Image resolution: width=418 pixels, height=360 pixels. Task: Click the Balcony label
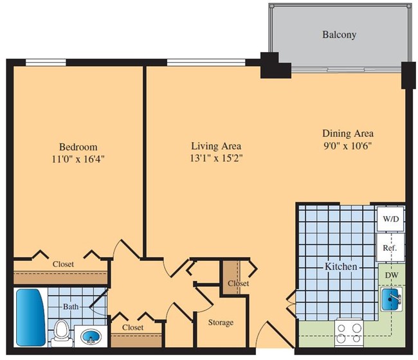pyautogui.click(x=339, y=35)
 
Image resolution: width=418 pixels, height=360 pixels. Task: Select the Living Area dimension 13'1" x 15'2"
pyautogui.click(x=216, y=157)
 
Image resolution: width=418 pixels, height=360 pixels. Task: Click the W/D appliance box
pyautogui.click(x=390, y=219)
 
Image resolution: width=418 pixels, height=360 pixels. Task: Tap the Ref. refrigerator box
pyautogui.click(x=390, y=248)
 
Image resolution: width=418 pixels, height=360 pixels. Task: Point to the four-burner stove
pyautogui.click(x=349, y=333)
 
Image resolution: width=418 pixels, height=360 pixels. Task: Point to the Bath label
pyautogui.click(x=71, y=307)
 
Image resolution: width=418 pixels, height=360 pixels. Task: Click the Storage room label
pyautogui.click(x=220, y=322)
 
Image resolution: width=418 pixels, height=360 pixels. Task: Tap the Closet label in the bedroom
pyautogui.click(x=63, y=264)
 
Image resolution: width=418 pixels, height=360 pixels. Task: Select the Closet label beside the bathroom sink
pyautogui.click(x=132, y=327)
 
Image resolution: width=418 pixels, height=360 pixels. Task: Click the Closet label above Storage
pyautogui.click(x=238, y=283)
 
